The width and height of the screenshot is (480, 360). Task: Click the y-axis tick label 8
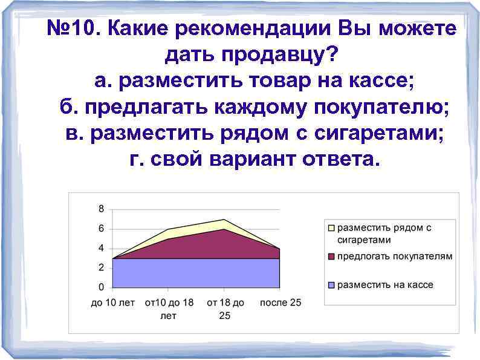pos(101,209)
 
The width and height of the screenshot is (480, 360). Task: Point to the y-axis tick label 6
pos(101,229)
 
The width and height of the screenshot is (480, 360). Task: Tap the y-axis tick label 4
pos(101,248)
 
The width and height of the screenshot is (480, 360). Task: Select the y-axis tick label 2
pos(101,267)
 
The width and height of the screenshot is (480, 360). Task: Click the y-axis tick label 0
pos(101,287)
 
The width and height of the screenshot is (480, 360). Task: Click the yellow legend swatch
pos(331,229)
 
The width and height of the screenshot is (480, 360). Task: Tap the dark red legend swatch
pos(331,257)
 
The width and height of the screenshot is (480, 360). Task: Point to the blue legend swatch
pos(331,285)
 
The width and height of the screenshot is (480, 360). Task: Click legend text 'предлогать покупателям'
pos(394,257)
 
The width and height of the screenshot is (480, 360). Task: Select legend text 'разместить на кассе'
pos(385,285)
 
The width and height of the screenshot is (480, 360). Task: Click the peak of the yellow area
pos(224,219)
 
